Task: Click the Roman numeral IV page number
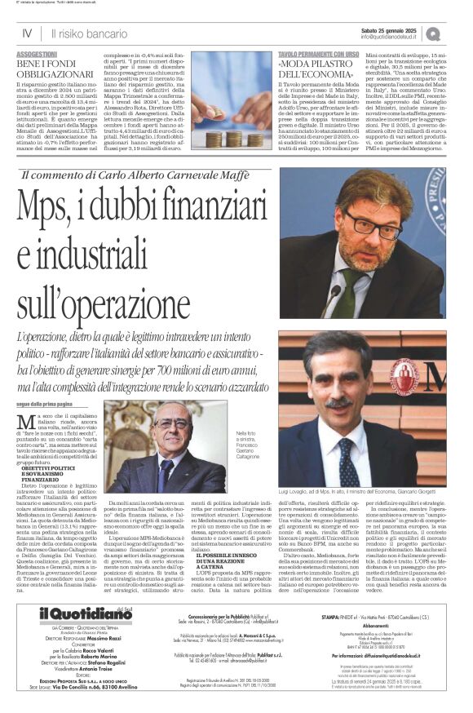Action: point(26,33)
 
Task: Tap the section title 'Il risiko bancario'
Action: point(85,33)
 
